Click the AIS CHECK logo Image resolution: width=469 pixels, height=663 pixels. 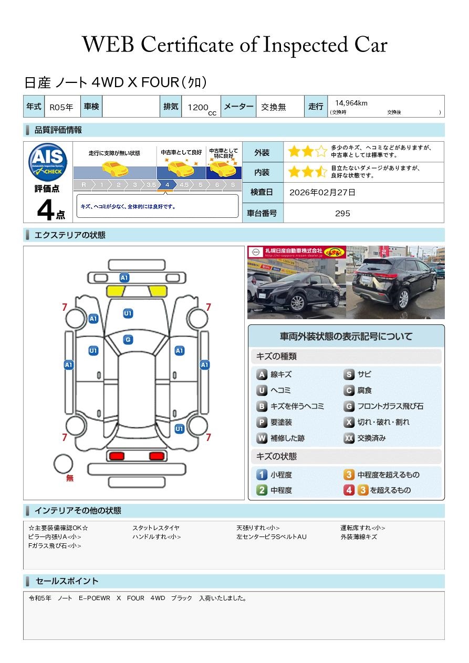(48, 162)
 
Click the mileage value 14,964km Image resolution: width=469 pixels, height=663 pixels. (351, 103)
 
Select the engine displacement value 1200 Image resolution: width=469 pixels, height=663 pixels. (198, 107)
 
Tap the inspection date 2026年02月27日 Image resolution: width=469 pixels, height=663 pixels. (322, 192)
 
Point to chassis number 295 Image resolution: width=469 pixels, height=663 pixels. (342, 214)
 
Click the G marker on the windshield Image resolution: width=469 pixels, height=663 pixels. (128, 340)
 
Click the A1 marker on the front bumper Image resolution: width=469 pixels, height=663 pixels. (124, 278)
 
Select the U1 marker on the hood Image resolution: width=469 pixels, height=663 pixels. (128, 313)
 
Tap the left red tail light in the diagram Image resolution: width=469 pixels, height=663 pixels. (117, 456)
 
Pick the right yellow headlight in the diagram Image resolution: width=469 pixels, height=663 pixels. (158, 291)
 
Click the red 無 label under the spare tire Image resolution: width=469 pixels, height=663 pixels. (70, 478)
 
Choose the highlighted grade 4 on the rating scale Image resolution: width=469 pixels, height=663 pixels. (167, 185)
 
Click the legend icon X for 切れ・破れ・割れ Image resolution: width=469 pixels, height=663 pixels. (349, 422)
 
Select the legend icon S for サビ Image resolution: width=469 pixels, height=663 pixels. (349, 374)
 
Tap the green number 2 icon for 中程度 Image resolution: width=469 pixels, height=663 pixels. (262, 490)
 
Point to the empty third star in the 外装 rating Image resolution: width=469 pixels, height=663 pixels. (321, 152)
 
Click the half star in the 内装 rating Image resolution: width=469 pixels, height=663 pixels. (321, 172)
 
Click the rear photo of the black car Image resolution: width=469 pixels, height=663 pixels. (395, 282)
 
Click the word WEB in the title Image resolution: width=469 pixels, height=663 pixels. (108, 45)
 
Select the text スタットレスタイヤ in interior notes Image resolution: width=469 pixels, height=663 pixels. (156, 528)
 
